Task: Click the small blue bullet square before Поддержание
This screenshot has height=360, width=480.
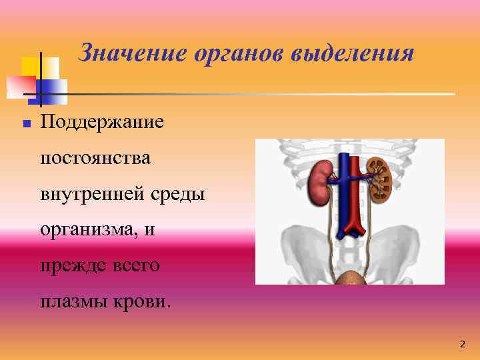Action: pos(26,124)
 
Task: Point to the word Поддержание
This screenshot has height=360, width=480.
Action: pos(101,123)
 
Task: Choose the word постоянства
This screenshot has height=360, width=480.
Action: pos(95,159)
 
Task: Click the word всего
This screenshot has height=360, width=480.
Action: pos(137,266)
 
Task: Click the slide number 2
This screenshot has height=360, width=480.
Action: pos(462,345)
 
